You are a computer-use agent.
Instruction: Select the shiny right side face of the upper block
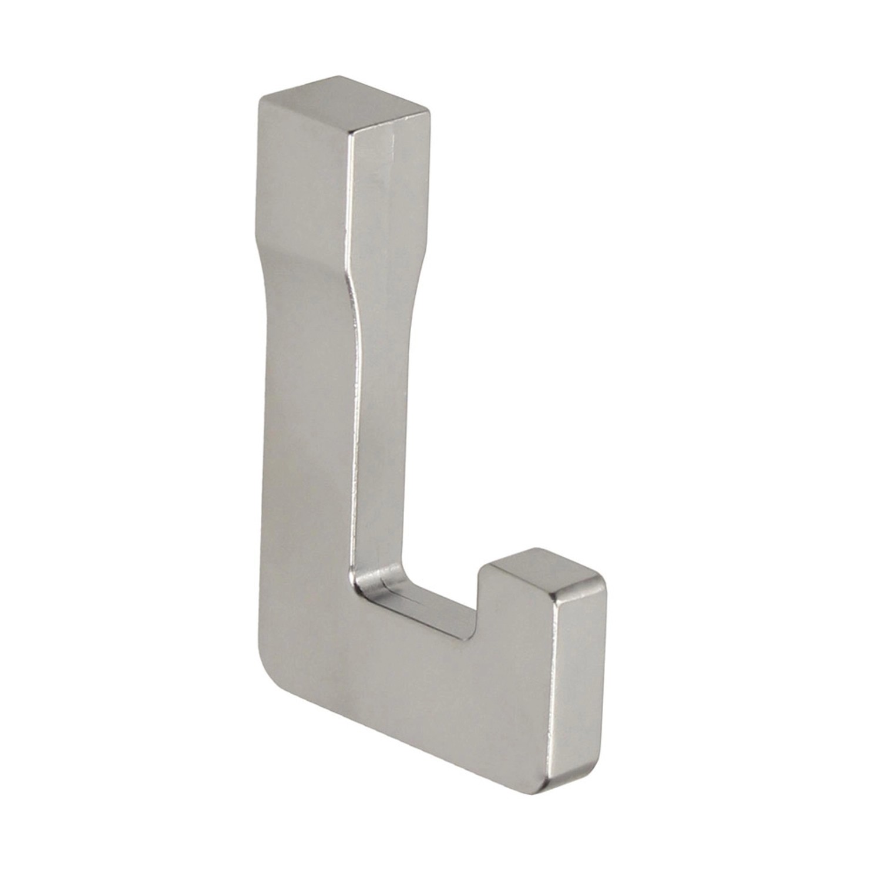[388, 194]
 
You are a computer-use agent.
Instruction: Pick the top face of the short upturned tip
[546, 570]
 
